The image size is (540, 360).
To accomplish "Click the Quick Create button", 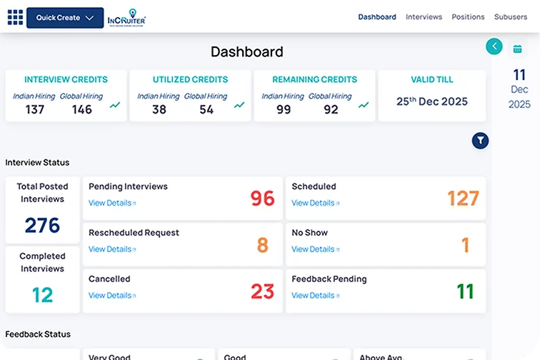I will pos(65,18).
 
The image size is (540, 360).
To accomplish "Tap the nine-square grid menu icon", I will pos(15,17).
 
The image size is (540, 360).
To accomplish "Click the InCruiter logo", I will pos(126,18).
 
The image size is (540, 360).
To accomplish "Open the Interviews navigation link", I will pos(424,17).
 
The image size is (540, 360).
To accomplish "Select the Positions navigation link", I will pos(468,17).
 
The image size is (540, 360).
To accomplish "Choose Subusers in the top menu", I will pos(510,17).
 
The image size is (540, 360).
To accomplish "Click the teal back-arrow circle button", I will pos(494,46).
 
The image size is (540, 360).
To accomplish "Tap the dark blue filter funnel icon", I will pos(480,141).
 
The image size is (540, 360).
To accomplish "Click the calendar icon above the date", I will pos(517,49).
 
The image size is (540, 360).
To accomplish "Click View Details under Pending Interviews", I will pos(111,203).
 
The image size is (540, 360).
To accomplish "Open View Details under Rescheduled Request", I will pos(111,249).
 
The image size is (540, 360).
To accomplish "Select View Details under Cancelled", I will pos(111,296).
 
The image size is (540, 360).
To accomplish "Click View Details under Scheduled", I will pos(314,203).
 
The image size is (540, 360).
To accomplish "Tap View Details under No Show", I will pos(314,249).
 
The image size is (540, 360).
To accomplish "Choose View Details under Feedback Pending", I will pos(314,296).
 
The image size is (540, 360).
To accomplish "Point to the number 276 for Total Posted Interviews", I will pos(42,226).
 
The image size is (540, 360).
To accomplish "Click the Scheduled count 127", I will pos(463,198).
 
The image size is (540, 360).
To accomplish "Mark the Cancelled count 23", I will pos(262,291).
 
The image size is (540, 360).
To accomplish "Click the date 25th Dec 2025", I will pos(431,101).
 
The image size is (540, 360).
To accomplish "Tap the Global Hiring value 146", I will pos(82,109).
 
